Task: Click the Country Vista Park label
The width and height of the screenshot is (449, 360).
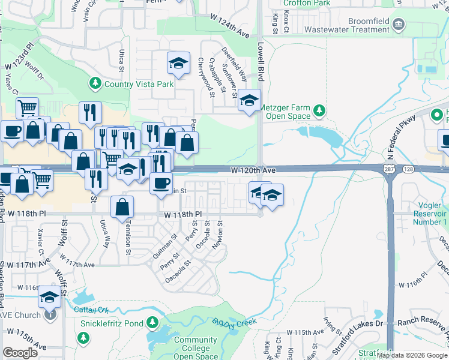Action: (x=139, y=84)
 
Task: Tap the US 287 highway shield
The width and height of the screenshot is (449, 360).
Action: (x=388, y=171)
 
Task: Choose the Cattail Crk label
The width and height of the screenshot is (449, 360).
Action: (x=91, y=310)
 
